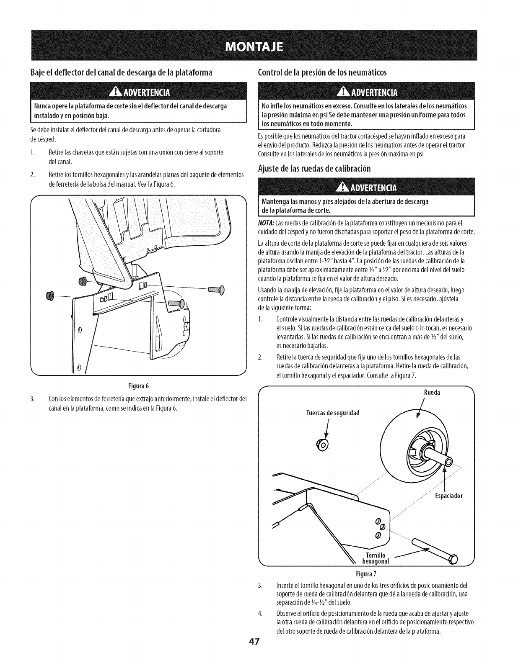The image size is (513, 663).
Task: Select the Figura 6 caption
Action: pyautogui.click(x=138, y=385)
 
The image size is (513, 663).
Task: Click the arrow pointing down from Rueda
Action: pyautogui.click(x=420, y=408)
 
